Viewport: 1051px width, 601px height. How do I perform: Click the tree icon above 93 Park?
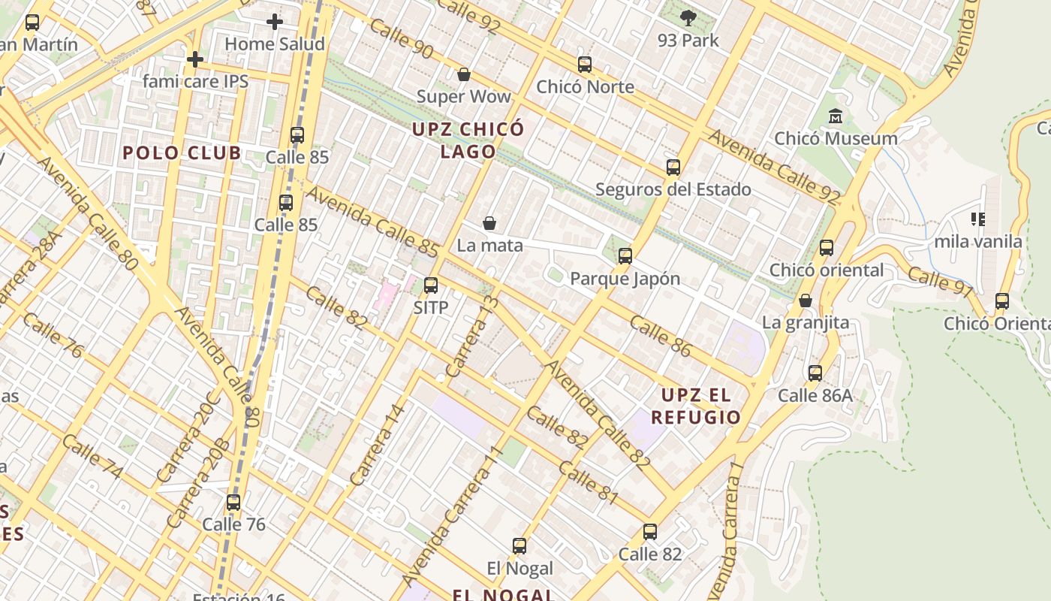[688, 18]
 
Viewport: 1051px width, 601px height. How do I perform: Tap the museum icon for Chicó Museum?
[835, 116]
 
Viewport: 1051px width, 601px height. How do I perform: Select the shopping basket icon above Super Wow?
[464, 74]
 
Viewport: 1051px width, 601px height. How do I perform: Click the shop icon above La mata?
[489, 223]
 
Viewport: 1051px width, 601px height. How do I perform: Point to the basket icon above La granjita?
[806, 300]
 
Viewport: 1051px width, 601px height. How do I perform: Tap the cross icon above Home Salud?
[275, 22]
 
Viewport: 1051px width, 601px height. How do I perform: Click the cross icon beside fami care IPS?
[195, 59]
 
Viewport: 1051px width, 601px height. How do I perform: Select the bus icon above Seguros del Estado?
[673, 168]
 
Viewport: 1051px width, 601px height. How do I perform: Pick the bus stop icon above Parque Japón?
[625, 256]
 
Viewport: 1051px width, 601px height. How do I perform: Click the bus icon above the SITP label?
[431, 285]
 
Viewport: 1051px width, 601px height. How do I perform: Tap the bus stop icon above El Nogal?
[519, 546]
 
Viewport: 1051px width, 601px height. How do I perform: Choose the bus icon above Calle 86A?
[815, 373]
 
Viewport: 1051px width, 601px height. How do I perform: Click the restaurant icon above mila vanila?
[977, 219]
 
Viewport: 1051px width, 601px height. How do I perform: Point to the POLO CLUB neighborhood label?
[182, 153]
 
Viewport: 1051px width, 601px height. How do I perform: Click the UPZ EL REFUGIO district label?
[695, 406]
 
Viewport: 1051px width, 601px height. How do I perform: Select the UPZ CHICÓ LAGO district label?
[468, 140]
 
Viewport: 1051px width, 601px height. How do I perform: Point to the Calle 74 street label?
[93, 456]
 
